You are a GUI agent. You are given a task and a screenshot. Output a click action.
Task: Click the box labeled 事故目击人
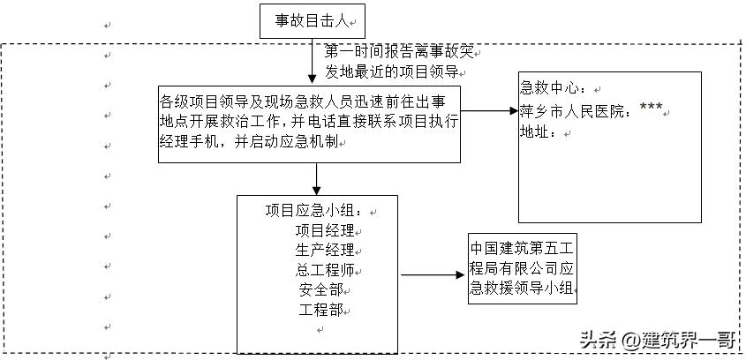[312, 20]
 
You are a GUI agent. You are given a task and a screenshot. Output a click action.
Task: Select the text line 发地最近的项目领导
[392, 71]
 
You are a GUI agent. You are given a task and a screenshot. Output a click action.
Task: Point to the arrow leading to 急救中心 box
[488, 111]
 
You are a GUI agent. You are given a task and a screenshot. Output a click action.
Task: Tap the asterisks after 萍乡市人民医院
[651, 109]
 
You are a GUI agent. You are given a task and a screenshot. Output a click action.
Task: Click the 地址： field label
[539, 132]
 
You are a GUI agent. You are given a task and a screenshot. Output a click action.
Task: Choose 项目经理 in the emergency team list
[324, 230]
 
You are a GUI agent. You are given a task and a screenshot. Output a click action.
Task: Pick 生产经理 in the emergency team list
[324, 250]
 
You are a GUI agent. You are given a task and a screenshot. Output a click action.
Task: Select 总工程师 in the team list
[324, 269]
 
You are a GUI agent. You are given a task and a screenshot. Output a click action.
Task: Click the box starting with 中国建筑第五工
[522, 269]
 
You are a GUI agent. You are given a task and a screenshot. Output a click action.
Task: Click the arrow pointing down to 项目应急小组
[316, 178]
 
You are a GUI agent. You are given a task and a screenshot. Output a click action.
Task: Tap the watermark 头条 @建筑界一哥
[659, 339]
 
